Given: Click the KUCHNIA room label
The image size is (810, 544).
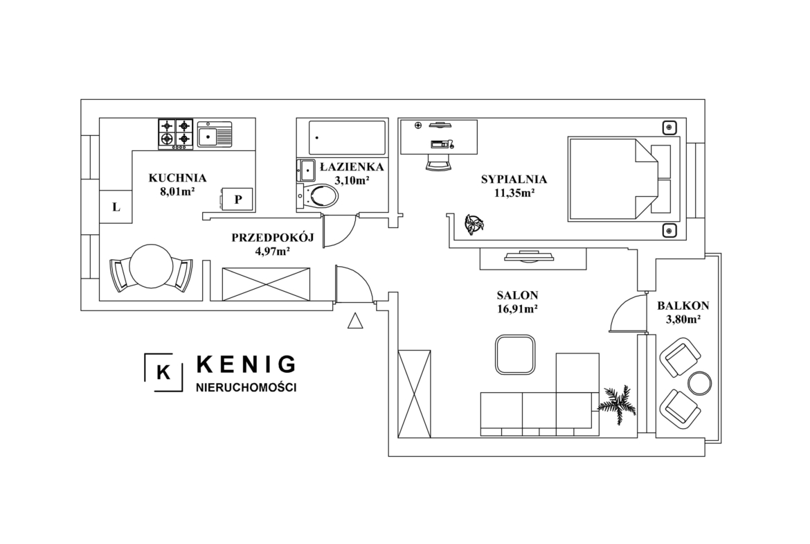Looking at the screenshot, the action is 177,178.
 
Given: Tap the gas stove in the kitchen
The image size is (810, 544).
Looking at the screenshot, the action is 175,134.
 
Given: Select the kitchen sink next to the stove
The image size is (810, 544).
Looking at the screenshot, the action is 215,134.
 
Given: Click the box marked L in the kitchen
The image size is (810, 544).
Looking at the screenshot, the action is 116,207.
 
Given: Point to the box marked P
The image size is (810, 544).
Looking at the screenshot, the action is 237,199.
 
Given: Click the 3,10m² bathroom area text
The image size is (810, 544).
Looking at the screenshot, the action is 352,180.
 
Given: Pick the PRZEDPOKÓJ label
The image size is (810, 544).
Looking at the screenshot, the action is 273,238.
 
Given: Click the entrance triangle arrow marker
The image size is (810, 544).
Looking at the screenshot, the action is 355,321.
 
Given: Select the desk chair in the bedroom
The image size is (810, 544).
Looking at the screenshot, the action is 439,162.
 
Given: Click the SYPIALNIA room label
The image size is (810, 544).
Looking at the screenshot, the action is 514,179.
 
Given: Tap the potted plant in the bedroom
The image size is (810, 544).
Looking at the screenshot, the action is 474,225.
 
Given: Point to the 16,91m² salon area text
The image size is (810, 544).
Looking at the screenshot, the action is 517,309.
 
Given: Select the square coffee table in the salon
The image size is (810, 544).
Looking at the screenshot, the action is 515,354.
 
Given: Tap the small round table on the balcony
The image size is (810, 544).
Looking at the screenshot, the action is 699,383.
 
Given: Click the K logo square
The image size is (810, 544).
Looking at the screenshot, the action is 163,372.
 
